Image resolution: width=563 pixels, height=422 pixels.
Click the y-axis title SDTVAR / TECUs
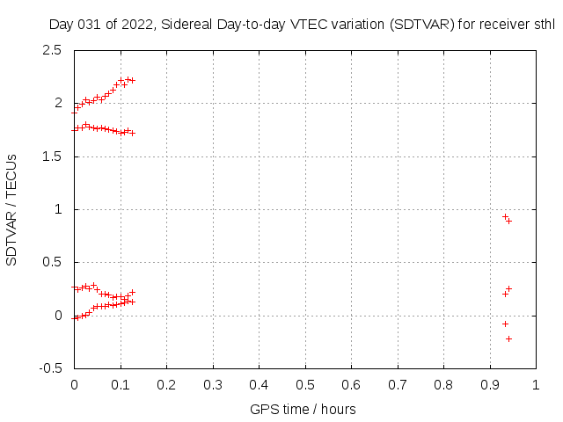pos(11,209)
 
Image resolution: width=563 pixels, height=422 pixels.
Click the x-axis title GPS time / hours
pos(303,409)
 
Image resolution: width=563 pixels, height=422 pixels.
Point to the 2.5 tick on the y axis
pos(52,50)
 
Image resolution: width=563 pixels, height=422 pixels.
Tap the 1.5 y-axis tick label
pos(52,156)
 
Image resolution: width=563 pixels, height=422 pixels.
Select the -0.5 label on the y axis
pos(50,368)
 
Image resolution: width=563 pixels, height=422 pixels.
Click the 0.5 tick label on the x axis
pos(304,384)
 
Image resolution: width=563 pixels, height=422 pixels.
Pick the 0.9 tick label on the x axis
pos(489,384)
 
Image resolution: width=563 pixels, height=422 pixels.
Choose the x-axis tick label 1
pos(535,384)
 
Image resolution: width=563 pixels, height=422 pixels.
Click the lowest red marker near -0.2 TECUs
pos(508,338)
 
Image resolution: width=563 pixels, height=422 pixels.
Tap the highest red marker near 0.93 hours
pos(505,216)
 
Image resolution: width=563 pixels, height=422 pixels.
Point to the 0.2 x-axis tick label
pos(166,384)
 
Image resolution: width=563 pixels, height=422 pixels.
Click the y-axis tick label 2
pos(57,103)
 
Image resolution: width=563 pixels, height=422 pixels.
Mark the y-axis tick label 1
pos(57,209)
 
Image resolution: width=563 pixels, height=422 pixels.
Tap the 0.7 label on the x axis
pos(397,384)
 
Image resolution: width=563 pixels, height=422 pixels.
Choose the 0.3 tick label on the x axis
pos(212,384)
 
